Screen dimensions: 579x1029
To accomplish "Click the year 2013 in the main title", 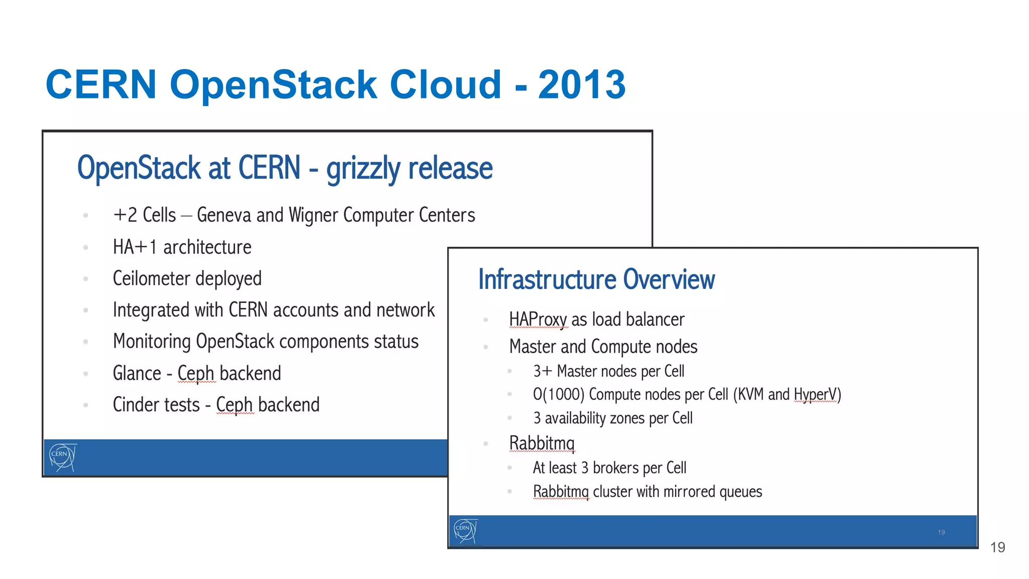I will pyautogui.click(x=582, y=84).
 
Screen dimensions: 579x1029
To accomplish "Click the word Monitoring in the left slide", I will pyautogui.click(x=151, y=342).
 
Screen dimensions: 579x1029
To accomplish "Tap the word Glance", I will pyautogui.click(x=137, y=373).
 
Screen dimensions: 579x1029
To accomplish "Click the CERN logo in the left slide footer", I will pyautogui.click(x=62, y=457).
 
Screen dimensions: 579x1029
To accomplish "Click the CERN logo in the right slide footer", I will pyautogui.click(x=465, y=531).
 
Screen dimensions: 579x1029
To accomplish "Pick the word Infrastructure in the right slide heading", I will pyautogui.click(x=547, y=280).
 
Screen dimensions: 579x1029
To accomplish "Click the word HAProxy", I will pyautogui.click(x=538, y=320).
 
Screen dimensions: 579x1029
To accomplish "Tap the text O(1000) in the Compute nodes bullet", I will pyautogui.click(x=558, y=395).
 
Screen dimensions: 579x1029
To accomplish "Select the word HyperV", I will pyautogui.click(x=817, y=395).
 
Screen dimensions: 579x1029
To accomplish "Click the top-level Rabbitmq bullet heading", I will pyautogui.click(x=542, y=443).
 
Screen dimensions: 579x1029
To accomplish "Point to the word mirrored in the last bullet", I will pyautogui.click(x=689, y=492).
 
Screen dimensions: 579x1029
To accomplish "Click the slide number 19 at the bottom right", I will pyautogui.click(x=997, y=547).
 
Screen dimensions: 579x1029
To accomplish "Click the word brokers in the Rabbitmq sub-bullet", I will pyautogui.click(x=616, y=468).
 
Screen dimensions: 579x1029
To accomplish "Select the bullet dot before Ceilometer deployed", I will pyautogui.click(x=86, y=279).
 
